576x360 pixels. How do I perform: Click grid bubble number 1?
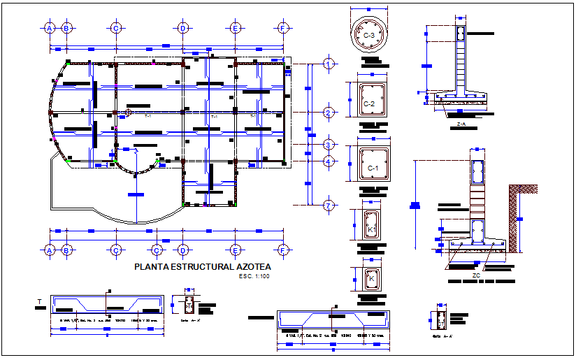(x=328, y=64)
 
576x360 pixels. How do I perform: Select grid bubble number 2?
(x=328, y=113)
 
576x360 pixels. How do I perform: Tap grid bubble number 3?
(x=328, y=145)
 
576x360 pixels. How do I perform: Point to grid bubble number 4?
(x=328, y=162)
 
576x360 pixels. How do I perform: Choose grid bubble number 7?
(x=328, y=205)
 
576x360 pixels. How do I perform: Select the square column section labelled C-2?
(x=369, y=103)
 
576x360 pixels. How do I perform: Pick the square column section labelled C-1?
(x=372, y=168)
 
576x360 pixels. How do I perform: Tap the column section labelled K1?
(x=371, y=228)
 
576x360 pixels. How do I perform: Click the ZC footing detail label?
(x=476, y=275)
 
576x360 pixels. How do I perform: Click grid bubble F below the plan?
(x=282, y=250)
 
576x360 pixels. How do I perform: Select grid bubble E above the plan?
(x=235, y=28)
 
